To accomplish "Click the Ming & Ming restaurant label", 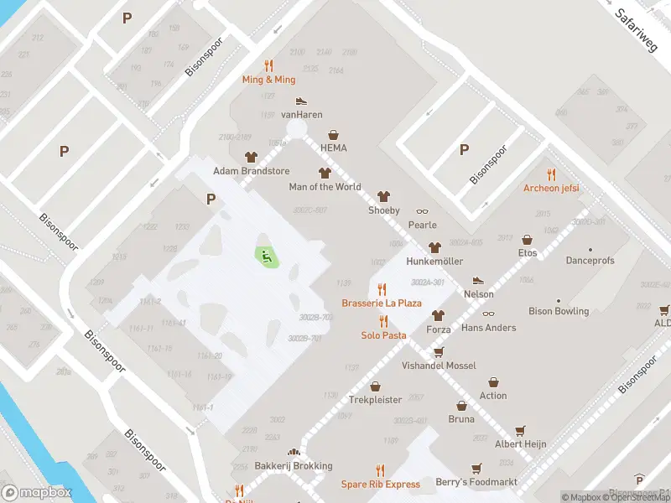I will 268,80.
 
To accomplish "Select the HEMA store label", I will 333,148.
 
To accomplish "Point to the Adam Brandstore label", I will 251,171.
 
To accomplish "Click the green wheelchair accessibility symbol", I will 267,257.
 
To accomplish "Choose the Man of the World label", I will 325,187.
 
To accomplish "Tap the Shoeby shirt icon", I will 384,196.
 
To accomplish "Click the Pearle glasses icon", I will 422,211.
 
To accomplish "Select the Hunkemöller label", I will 434,262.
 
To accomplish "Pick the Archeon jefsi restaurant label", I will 551,188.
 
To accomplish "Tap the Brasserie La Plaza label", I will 382,303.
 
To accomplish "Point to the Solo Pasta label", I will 383,335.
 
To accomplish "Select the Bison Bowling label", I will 559,311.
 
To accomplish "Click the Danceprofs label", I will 590,261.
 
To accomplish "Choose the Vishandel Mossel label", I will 438,366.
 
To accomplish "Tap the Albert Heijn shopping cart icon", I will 520,430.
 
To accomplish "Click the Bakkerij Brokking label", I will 293,466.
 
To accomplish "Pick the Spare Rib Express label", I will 380,484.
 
